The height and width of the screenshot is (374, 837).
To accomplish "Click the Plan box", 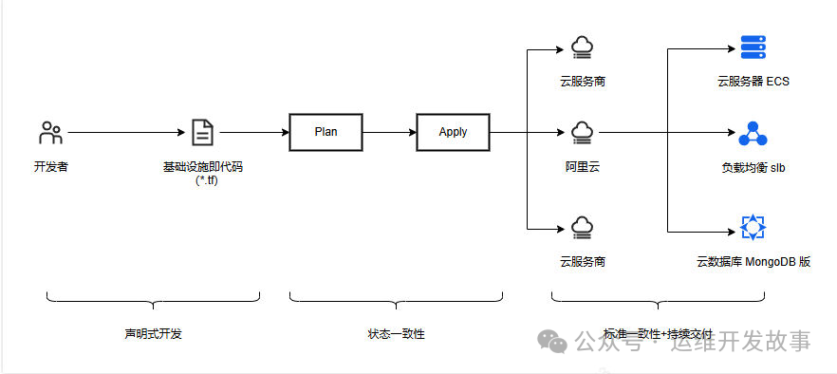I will (325, 132).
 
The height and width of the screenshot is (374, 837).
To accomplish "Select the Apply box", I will (453, 132).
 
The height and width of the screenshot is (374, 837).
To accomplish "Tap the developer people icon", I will (50, 133).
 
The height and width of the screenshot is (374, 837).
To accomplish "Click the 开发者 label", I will (50, 167).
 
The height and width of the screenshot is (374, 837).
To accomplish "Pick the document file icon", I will (202, 133).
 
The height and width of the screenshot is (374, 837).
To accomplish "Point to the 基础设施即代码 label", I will (202, 167).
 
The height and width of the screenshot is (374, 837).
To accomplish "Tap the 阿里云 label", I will (582, 167).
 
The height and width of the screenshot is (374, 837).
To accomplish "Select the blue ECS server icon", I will (753, 46).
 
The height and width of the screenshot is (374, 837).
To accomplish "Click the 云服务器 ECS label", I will (753, 82).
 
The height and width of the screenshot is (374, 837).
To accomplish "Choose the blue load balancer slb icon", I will (753, 133).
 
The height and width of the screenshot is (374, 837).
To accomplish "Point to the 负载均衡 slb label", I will (753, 168).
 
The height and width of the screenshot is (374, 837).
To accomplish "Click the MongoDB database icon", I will (753, 228).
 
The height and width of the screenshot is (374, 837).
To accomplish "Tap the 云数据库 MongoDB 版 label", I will (753, 261).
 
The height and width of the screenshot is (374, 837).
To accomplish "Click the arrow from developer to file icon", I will (123, 133).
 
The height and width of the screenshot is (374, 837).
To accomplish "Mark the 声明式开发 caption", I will (153, 334).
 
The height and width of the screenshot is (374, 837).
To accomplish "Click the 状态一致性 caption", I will (396, 334).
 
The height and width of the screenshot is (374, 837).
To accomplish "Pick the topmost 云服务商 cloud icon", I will (582, 46).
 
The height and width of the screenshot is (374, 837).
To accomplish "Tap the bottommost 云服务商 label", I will (582, 261).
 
